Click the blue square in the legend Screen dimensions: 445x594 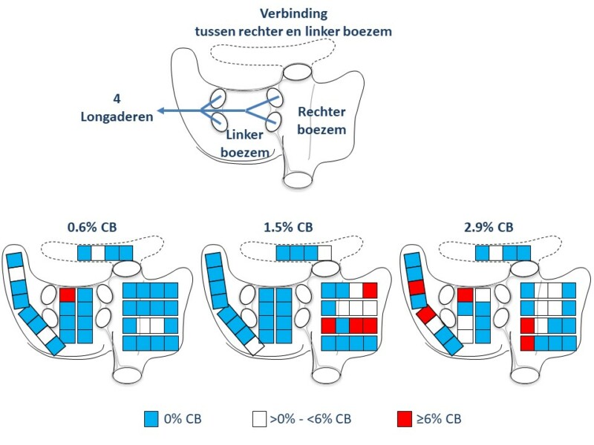[152, 419]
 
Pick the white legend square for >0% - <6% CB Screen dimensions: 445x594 [258, 419]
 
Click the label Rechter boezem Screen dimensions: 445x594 [322, 120]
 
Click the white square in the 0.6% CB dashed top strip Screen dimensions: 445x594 [99, 254]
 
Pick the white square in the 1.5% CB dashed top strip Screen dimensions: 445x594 [324, 254]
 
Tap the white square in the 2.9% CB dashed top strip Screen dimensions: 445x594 [495, 254]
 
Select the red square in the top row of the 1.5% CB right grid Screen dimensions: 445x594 [370, 290]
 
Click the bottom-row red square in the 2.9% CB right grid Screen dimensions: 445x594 [529, 343]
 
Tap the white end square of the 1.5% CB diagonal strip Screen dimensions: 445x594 [255, 346]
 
